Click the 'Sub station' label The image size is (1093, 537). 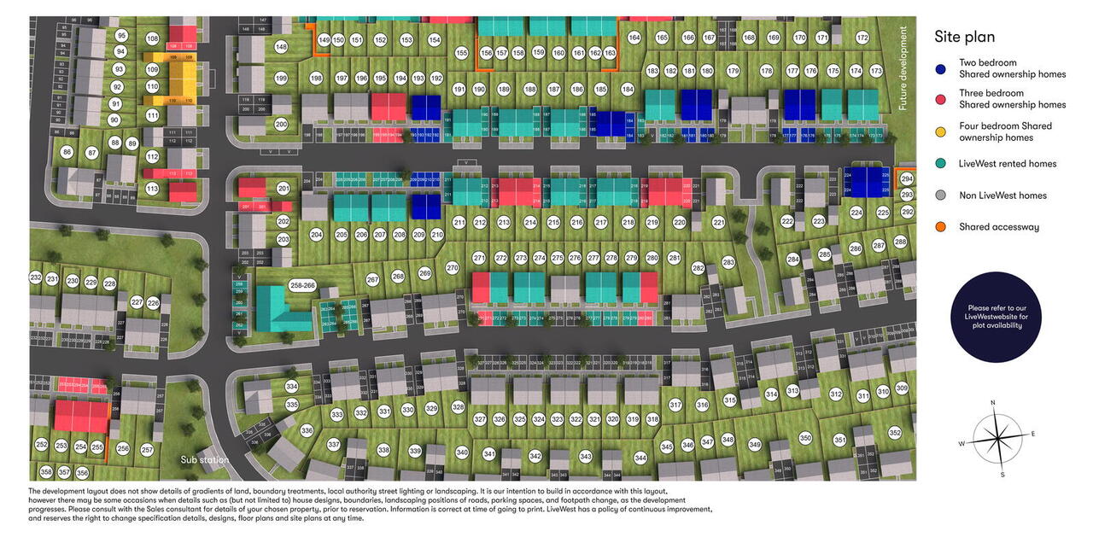coord(204,460)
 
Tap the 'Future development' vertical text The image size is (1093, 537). coord(903,69)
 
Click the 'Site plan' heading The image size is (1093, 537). coord(964,37)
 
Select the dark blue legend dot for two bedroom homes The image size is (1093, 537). coord(941,68)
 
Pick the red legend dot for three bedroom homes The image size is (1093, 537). coord(941,99)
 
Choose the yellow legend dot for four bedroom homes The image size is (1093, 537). coord(941,131)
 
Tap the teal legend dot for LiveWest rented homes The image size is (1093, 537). coord(941,163)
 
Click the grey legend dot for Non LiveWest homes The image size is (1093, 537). coord(941,196)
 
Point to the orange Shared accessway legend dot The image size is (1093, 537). coord(941,227)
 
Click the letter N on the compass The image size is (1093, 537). coord(993,402)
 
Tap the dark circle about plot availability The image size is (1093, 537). coord(991,316)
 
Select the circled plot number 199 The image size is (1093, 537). coord(281,79)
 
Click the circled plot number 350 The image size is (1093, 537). coord(805,438)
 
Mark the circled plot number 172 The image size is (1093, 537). coord(862,38)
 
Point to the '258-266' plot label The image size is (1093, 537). coord(302,285)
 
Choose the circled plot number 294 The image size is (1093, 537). coord(907,179)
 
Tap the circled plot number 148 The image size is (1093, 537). coord(281,47)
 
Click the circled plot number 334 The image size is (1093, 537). coord(292,387)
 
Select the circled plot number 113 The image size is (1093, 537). coord(153,189)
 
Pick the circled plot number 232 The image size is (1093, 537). coord(36,278)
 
